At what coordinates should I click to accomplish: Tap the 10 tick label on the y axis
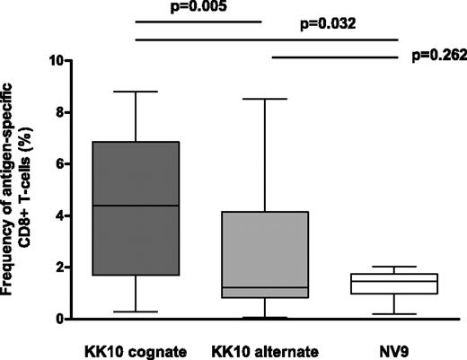[x=56, y=61]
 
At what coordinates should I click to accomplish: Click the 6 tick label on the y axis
[x=59, y=164]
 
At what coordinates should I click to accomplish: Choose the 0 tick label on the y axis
[x=59, y=319]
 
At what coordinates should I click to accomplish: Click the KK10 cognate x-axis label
[x=136, y=347]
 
